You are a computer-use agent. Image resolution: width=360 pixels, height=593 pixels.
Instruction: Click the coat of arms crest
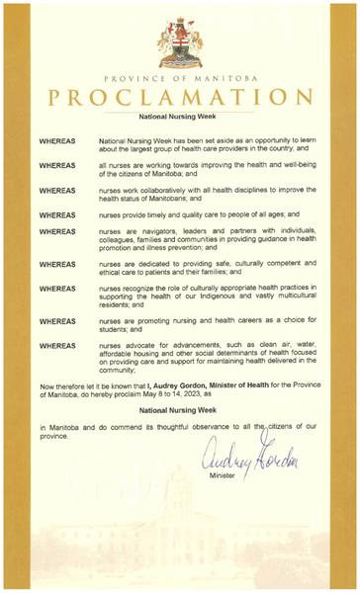pyautogui.click(x=180, y=42)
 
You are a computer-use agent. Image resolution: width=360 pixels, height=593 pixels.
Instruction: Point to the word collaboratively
pyautogui.click(x=166, y=188)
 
